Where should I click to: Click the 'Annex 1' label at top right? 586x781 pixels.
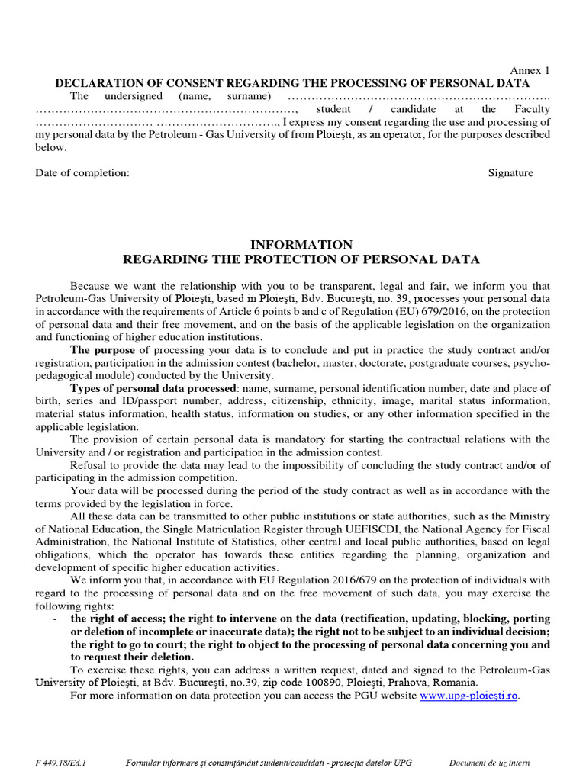529,71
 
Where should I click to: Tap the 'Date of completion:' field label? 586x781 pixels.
82,173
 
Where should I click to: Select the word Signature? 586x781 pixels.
510,173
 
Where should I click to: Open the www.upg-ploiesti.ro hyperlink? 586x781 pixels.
469,696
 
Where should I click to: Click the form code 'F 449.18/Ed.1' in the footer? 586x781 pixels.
61,763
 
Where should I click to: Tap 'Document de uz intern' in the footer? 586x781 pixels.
490,763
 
